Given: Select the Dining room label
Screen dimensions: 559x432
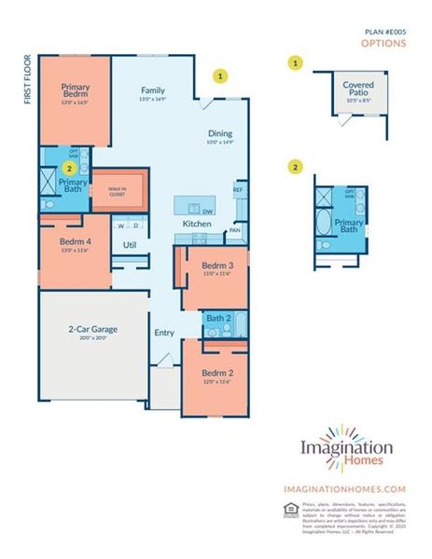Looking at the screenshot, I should tap(220, 135).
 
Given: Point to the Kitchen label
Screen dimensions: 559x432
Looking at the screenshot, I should tap(196, 225).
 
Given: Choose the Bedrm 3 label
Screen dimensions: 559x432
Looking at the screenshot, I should tap(216, 267).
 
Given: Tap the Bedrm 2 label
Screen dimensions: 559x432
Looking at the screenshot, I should tap(216, 375).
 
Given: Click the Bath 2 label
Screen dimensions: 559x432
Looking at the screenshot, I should tap(218, 320).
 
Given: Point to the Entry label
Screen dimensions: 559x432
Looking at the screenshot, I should tap(164, 333).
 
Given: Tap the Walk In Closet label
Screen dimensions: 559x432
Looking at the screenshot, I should tap(117, 193).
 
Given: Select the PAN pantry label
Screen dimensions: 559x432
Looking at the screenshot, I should tap(236, 229).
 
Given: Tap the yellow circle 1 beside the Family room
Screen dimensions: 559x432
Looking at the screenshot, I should tap(220, 75).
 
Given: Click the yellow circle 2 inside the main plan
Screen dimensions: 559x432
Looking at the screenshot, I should tap(69, 169).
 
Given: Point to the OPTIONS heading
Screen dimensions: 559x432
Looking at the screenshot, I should tap(383, 42).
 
